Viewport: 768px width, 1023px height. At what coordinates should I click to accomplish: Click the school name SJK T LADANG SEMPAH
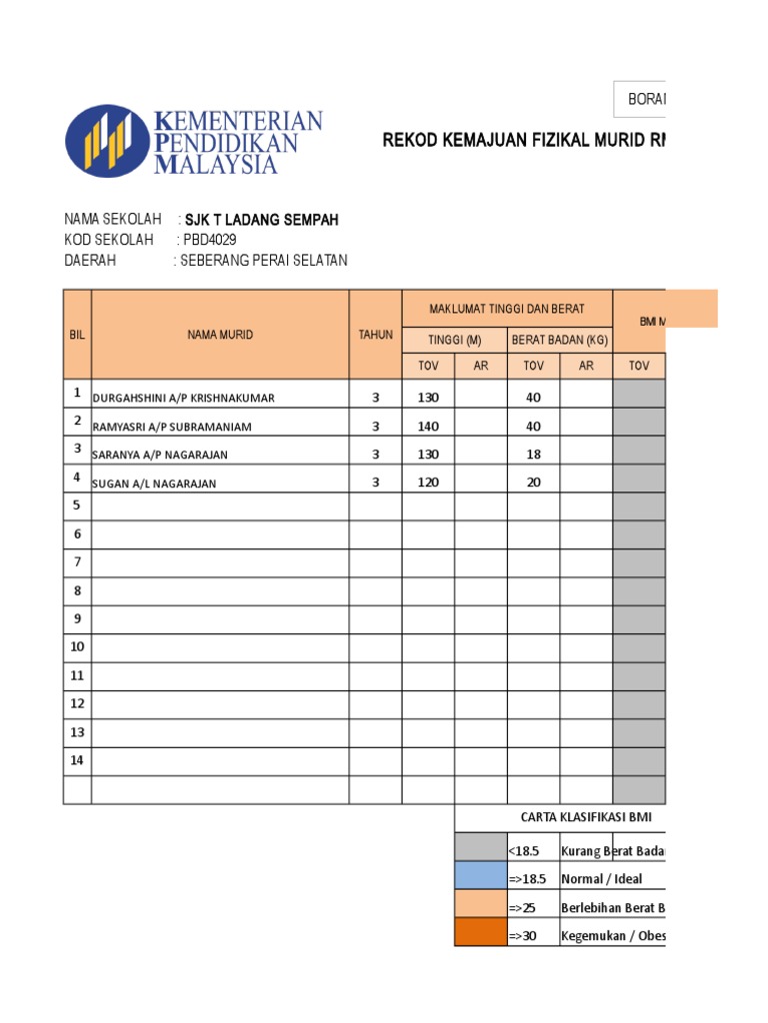pyautogui.click(x=262, y=220)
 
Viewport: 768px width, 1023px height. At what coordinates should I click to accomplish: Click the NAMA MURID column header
pyautogui.click(x=220, y=335)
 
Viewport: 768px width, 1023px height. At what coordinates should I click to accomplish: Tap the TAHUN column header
pyautogui.click(x=376, y=335)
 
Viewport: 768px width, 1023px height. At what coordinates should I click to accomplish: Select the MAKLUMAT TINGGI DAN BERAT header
pyautogui.click(x=508, y=308)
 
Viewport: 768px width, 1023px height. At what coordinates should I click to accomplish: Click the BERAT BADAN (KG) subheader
pyautogui.click(x=560, y=340)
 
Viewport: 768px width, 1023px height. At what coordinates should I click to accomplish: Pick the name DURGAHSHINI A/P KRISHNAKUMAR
pyautogui.click(x=184, y=398)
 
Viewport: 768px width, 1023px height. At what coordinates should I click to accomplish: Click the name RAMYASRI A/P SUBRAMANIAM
pyautogui.click(x=172, y=427)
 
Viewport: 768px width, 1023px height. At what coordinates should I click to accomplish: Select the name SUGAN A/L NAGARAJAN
pyautogui.click(x=155, y=484)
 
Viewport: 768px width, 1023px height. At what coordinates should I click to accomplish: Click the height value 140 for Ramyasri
pyautogui.click(x=428, y=426)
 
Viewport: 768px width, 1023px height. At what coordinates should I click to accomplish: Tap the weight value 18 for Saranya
pyautogui.click(x=533, y=455)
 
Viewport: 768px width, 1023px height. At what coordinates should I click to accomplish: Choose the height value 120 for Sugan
pyautogui.click(x=428, y=483)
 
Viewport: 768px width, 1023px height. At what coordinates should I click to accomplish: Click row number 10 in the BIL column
pyautogui.click(x=77, y=647)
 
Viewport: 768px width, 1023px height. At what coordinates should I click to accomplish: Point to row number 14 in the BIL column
pyautogui.click(x=77, y=761)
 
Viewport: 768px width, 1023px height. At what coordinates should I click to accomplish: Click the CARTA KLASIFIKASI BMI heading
pyautogui.click(x=586, y=817)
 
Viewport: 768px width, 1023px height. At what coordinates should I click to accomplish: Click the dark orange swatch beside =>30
pyautogui.click(x=480, y=935)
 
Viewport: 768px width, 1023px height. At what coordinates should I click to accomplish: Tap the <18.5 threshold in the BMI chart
pyautogui.click(x=525, y=851)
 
